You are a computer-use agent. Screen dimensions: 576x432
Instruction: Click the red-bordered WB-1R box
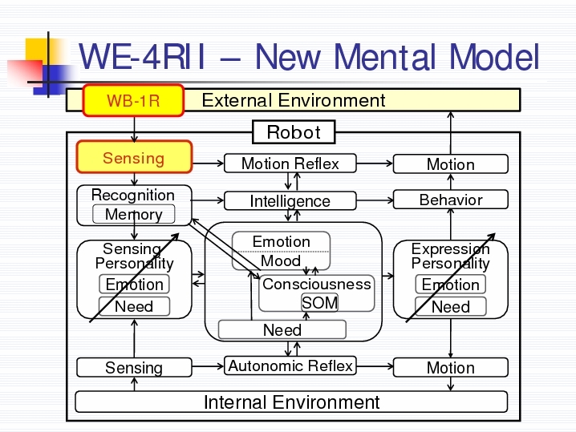(x=133, y=100)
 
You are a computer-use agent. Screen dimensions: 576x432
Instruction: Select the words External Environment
(x=294, y=100)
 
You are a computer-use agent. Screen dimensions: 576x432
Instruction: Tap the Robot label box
(x=294, y=132)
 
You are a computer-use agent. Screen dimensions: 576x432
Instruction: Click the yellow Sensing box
(x=134, y=157)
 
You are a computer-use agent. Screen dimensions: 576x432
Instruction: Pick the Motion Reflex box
(x=290, y=164)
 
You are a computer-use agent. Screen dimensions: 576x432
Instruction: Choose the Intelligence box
(x=290, y=200)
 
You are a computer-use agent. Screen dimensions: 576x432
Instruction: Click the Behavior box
(x=451, y=200)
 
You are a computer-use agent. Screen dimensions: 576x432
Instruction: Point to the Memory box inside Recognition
(x=134, y=214)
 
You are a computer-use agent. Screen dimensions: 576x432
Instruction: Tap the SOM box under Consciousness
(x=319, y=303)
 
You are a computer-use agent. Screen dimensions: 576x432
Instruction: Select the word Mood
(x=281, y=261)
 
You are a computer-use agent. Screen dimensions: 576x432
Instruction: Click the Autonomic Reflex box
(x=290, y=365)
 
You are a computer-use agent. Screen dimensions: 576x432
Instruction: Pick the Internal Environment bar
(x=292, y=402)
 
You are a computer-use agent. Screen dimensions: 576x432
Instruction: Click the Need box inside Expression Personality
(x=451, y=306)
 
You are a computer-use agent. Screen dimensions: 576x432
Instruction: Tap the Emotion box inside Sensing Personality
(x=134, y=284)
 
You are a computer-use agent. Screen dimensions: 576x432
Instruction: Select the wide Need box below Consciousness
(x=282, y=329)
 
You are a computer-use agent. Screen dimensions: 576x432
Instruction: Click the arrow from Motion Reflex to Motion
(x=375, y=164)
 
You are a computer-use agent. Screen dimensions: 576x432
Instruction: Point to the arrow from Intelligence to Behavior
(x=375, y=200)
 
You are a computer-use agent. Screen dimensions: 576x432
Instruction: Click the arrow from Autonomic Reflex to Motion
(x=375, y=366)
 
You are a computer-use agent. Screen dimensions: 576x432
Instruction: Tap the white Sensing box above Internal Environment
(x=134, y=367)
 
